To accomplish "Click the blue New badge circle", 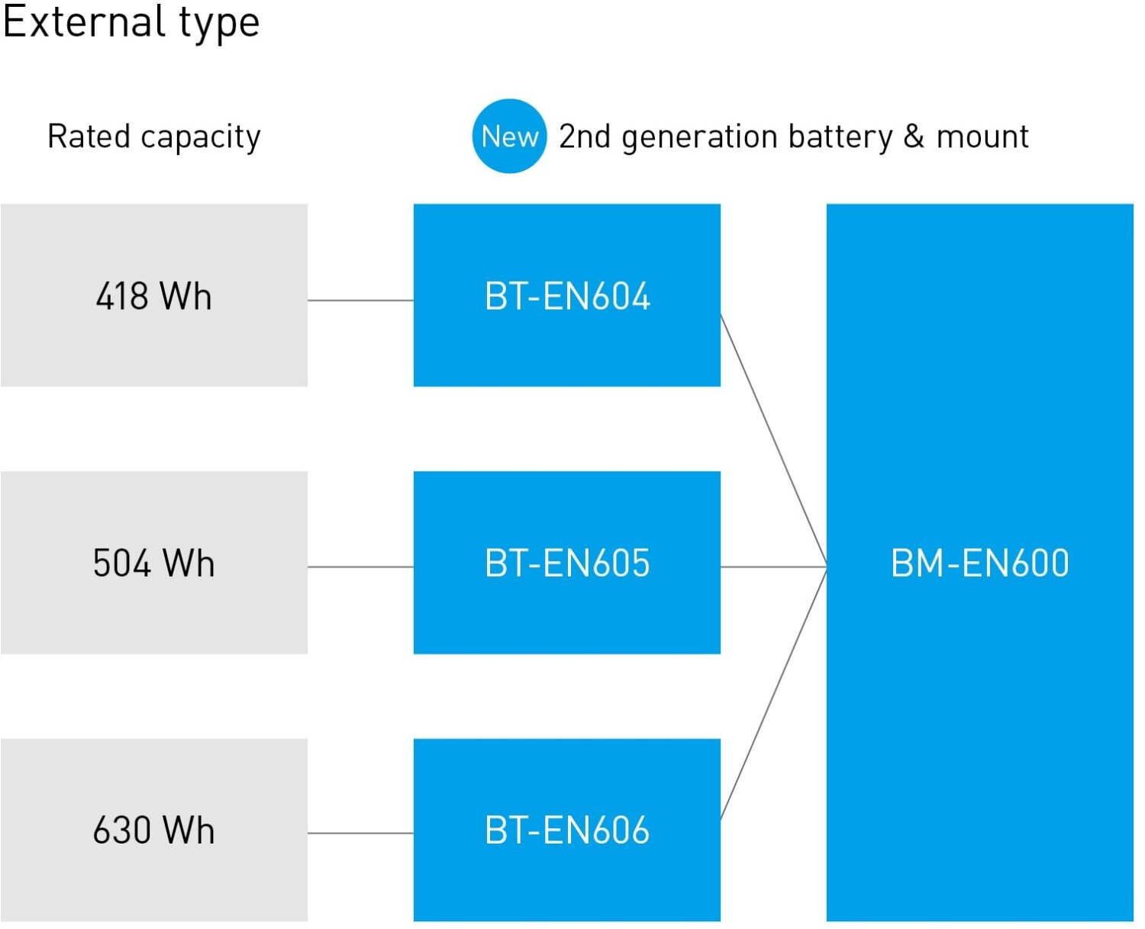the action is point(509,136).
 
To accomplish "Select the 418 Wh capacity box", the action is point(153,295).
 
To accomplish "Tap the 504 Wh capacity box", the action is point(153,563).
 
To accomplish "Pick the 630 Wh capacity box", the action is point(153,830).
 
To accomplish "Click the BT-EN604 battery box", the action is point(567,295).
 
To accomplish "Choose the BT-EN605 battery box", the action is point(567,563).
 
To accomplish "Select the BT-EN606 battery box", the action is point(567,830).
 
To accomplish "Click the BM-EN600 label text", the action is point(980,563).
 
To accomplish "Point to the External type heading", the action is point(131,23).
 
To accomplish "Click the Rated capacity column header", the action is point(153,137).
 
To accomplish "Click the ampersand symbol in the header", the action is point(914,136).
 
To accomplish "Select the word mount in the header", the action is point(982,137).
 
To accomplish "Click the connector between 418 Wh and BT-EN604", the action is point(361,300).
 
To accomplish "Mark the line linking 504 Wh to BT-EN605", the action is point(361,566).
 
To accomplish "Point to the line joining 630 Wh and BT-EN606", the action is point(361,834).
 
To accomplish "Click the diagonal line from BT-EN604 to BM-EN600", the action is point(773,440).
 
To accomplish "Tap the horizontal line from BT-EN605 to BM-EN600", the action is point(773,566).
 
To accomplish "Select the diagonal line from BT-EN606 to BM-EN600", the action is point(773,693).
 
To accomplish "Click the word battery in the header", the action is point(840,137).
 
